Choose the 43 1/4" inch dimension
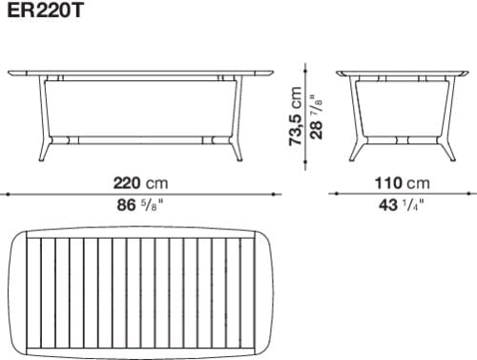click(400, 204)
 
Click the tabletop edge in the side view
click(401, 72)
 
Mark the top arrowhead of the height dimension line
click(304, 69)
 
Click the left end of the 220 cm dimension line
click(4, 193)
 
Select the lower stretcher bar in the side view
click(401, 138)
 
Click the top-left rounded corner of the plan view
click(13, 239)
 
